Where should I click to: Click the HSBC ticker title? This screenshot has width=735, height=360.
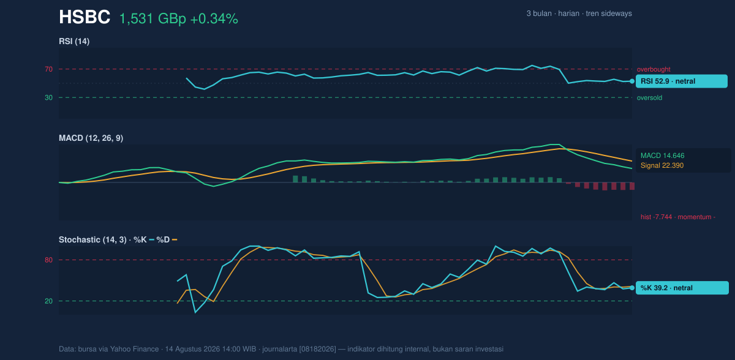85,17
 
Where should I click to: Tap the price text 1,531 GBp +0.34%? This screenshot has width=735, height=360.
178,19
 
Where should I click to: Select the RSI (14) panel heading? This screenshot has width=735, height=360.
74,41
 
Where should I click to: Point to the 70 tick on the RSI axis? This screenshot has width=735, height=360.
48,69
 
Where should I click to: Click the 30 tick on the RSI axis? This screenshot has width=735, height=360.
48,97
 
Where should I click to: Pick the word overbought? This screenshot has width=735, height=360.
654,69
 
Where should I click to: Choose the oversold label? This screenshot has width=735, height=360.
649,98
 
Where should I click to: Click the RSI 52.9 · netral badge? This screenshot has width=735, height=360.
682,81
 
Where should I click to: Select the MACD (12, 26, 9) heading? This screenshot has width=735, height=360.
91,138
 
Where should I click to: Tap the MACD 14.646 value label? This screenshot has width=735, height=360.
663,156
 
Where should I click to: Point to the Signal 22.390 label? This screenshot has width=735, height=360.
662,165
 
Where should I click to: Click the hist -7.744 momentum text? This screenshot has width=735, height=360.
678,217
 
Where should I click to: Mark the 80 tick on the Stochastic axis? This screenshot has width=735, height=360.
48,260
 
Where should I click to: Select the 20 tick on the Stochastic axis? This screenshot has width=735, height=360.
48,301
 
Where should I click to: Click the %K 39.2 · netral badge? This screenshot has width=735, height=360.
682,288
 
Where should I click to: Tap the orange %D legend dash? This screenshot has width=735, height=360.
175,240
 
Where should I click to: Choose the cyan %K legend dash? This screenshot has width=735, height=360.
152,240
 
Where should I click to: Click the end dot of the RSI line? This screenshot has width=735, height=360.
632,81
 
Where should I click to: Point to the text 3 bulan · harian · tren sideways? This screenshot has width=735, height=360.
579,13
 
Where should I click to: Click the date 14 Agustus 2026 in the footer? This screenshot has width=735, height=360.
192,349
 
